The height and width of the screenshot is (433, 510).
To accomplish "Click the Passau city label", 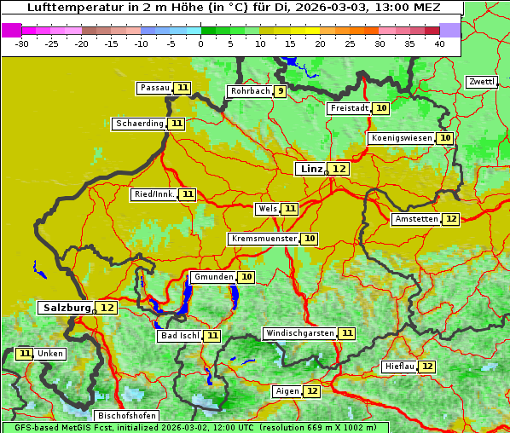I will coord(155,88).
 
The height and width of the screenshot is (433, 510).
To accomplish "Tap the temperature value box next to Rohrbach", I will coord(281,91).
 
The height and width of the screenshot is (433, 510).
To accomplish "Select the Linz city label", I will coord(310,169).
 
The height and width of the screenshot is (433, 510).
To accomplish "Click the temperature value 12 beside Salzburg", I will coord(107,308).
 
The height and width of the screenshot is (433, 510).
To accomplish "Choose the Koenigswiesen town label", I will coord(401,138).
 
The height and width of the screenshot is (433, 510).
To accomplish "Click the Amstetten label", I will coord(416,219).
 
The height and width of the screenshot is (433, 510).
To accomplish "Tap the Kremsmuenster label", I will coord(264,239).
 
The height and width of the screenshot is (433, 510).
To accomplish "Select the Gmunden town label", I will coord(213,277).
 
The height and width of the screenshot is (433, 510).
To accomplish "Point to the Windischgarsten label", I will coord(299,333).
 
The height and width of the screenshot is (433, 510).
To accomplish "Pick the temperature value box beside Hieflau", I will coord(427,367).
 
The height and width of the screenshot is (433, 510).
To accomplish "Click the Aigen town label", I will coord(287,391).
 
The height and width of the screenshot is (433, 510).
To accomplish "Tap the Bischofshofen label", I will coord(126,416).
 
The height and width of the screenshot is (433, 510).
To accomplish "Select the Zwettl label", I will coord(481,82).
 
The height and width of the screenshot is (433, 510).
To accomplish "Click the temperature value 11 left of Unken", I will coord(25,354).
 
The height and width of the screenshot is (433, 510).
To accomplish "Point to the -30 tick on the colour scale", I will coord(22,43).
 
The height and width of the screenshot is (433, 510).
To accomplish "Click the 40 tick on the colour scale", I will coord(439,43).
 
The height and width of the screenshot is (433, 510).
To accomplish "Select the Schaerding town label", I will coord(140,124).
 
